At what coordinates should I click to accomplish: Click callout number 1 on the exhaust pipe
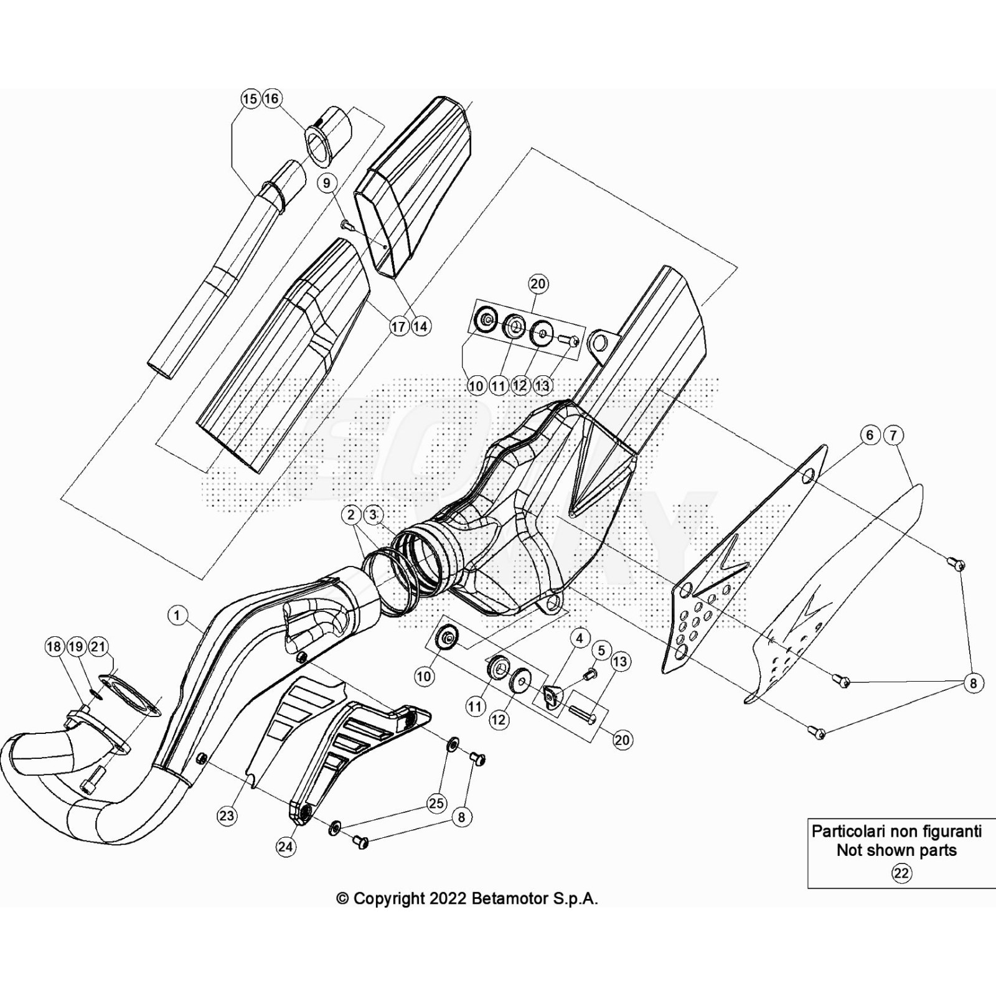(x=177, y=616)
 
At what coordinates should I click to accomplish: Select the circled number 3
(x=373, y=515)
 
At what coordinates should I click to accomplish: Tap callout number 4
(x=580, y=638)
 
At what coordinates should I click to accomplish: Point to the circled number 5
(x=601, y=651)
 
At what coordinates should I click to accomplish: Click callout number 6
(x=870, y=435)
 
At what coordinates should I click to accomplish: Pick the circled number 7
(x=893, y=435)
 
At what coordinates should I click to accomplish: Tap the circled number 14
(x=421, y=326)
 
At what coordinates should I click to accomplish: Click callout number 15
(x=250, y=98)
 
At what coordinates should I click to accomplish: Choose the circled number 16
(x=271, y=98)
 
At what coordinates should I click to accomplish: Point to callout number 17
(x=398, y=326)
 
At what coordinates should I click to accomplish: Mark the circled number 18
(x=54, y=647)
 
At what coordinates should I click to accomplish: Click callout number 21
(x=98, y=647)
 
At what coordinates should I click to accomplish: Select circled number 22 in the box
(x=901, y=873)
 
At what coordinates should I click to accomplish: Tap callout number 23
(x=227, y=816)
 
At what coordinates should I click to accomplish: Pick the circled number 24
(x=286, y=847)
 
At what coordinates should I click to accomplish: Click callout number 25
(x=438, y=803)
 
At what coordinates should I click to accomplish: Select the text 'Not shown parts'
(x=896, y=850)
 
